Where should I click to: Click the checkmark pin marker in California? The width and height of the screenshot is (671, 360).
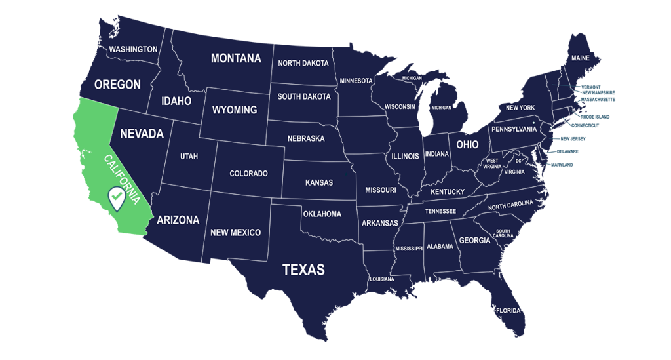[117, 197]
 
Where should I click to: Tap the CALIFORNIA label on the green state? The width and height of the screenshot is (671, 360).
[123, 179]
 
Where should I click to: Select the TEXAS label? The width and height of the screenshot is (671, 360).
[303, 270]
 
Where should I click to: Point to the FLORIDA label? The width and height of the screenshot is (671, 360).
[508, 311]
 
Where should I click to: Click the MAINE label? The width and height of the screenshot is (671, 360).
[580, 58]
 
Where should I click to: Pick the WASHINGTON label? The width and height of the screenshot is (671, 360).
[133, 49]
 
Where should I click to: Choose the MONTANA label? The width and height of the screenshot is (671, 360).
[236, 58]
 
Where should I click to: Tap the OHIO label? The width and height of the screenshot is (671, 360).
[467, 144]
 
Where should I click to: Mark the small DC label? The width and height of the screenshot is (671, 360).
[518, 161]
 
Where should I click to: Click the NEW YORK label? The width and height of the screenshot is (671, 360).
[520, 108]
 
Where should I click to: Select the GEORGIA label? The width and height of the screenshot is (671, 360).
[474, 241]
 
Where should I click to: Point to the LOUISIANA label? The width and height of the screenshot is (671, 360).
[382, 279]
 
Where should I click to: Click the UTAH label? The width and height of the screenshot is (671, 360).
[189, 157]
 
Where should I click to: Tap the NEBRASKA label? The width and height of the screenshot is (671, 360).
[306, 139]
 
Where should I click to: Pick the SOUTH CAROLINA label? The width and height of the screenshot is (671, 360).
[503, 233]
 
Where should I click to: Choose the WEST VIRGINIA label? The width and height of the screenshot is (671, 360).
[492, 163]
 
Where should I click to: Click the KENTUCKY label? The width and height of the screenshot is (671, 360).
[448, 192]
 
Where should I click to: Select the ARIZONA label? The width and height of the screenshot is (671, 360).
[178, 220]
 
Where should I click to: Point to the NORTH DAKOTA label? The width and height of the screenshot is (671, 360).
[303, 64]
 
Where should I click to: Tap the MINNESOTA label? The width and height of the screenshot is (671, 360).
[356, 81]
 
